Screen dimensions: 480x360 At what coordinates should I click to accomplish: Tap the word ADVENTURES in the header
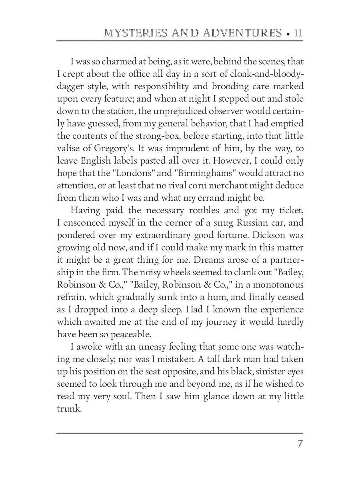[243, 33]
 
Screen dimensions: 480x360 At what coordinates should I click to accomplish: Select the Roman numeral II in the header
[298, 33]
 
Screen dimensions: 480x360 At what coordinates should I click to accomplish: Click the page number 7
[299, 444]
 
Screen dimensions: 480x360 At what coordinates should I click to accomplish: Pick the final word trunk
[69, 409]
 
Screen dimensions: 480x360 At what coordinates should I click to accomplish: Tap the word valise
[68, 148]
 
